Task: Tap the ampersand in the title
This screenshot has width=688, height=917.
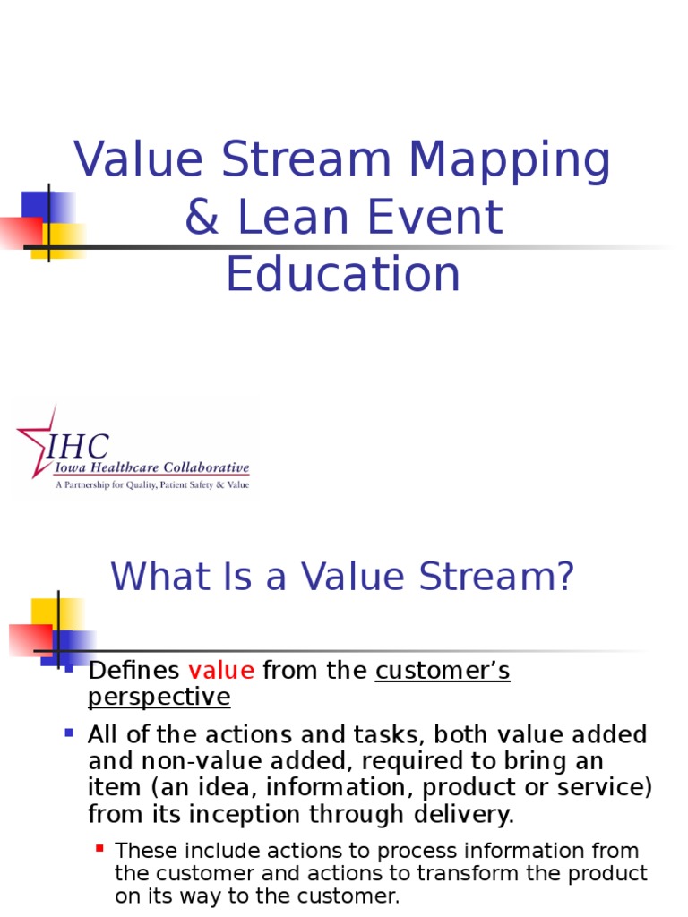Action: pos(202,219)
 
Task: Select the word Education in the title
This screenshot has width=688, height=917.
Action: pos(343,274)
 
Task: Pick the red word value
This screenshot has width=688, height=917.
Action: pos(221,671)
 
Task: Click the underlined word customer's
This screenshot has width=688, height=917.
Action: pos(443,671)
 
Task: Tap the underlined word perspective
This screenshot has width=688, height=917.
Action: pos(159,697)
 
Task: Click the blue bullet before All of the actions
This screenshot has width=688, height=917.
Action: pos(69,733)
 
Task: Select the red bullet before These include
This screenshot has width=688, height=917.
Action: pos(99,846)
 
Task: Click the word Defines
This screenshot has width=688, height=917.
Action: pos(133,671)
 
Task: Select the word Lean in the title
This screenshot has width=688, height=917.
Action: pos(296,219)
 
